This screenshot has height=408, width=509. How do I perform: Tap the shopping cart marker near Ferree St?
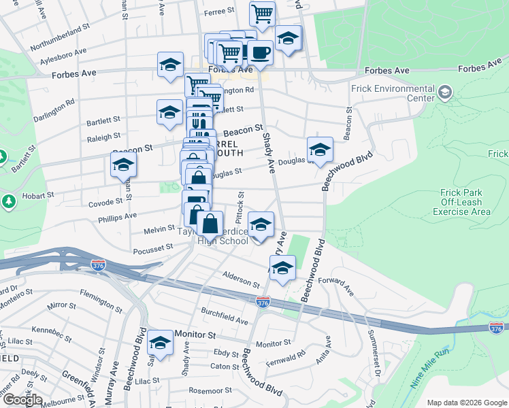pyautogui.click(x=262, y=13)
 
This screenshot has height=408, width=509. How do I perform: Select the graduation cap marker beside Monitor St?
pyautogui.click(x=161, y=343)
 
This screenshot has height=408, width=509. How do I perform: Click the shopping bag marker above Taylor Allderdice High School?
pyautogui.click(x=211, y=223)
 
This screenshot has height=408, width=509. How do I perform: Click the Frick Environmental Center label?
pyautogui.click(x=393, y=93)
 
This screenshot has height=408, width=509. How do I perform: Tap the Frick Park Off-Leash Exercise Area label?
pyautogui.click(x=461, y=202)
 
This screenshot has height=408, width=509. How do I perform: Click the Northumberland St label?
pyautogui.click(x=60, y=38)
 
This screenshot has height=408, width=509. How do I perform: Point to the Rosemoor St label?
pyautogui.click(x=210, y=391)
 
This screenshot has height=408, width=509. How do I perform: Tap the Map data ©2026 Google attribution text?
pyautogui.click(x=466, y=403)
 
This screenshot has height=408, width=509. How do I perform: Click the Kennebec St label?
pyautogui.click(x=51, y=332)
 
